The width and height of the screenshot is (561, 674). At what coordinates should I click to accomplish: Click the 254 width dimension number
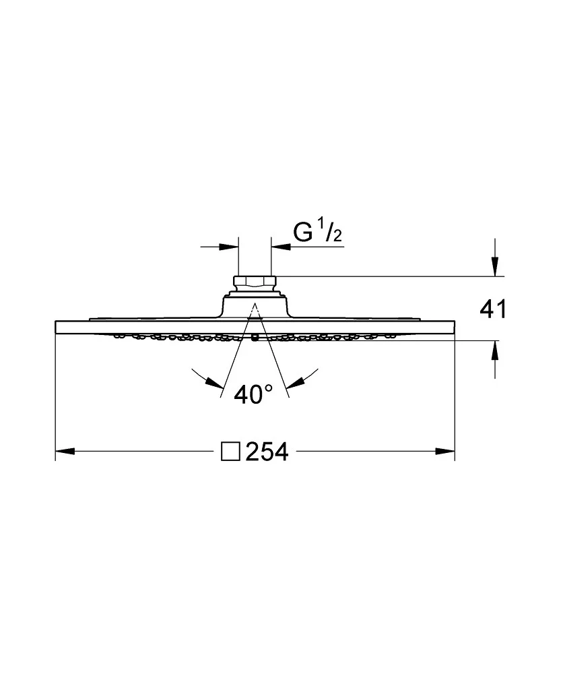click(x=267, y=452)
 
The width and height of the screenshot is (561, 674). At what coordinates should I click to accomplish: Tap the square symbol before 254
click(x=230, y=452)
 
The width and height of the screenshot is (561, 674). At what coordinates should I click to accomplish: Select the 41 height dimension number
click(x=493, y=309)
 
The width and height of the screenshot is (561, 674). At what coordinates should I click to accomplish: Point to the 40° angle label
click(x=253, y=394)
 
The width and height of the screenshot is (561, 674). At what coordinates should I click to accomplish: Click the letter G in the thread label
click(x=303, y=233)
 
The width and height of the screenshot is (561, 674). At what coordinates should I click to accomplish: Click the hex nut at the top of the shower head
click(x=255, y=282)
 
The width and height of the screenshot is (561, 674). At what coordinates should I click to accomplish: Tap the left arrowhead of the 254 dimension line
click(x=65, y=452)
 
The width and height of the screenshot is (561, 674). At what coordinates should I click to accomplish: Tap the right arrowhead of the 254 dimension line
click(x=445, y=452)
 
